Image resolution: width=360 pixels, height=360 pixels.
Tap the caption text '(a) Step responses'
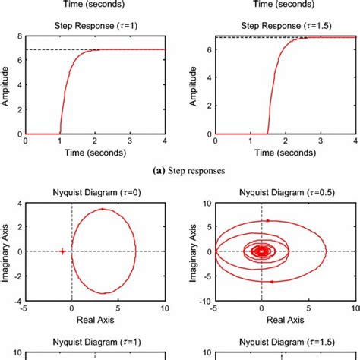click(179, 171)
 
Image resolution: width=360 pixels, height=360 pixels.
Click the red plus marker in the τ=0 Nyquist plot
click(62, 251)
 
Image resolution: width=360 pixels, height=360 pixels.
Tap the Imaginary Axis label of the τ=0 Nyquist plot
click(7, 251)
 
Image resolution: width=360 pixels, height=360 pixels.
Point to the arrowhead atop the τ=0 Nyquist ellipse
click(103, 209)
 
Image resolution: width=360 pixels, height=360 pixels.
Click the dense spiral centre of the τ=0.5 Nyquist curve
click(261, 251)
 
